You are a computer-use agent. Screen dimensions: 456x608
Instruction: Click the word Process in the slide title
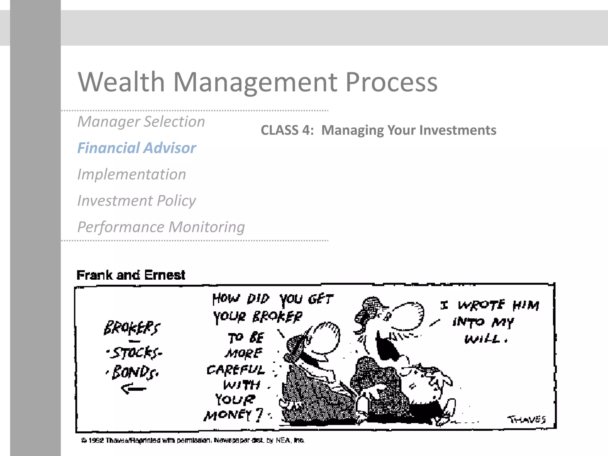tap(391, 83)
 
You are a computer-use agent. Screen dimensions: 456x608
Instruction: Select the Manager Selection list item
tap(141, 122)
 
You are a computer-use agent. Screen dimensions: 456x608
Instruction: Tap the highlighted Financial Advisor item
tap(137, 148)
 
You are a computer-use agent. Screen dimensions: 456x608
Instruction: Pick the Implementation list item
tap(132, 174)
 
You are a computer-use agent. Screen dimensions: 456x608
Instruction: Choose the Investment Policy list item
tap(137, 201)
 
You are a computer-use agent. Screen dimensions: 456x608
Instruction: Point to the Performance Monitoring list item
tap(161, 227)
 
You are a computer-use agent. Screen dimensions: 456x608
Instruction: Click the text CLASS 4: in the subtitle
tap(287, 130)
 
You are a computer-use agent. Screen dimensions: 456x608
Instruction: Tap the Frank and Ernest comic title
tap(131, 275)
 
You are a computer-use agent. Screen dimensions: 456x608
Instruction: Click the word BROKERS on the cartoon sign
tap(132, 328)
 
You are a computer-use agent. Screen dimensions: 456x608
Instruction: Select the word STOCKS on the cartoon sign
tap(135, 353)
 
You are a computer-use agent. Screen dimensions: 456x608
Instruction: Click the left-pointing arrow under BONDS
tap(134, 388)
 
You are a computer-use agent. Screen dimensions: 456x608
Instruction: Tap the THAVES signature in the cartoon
tap(526, 419)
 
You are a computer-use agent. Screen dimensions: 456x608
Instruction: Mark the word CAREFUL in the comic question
tap(235, 370)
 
